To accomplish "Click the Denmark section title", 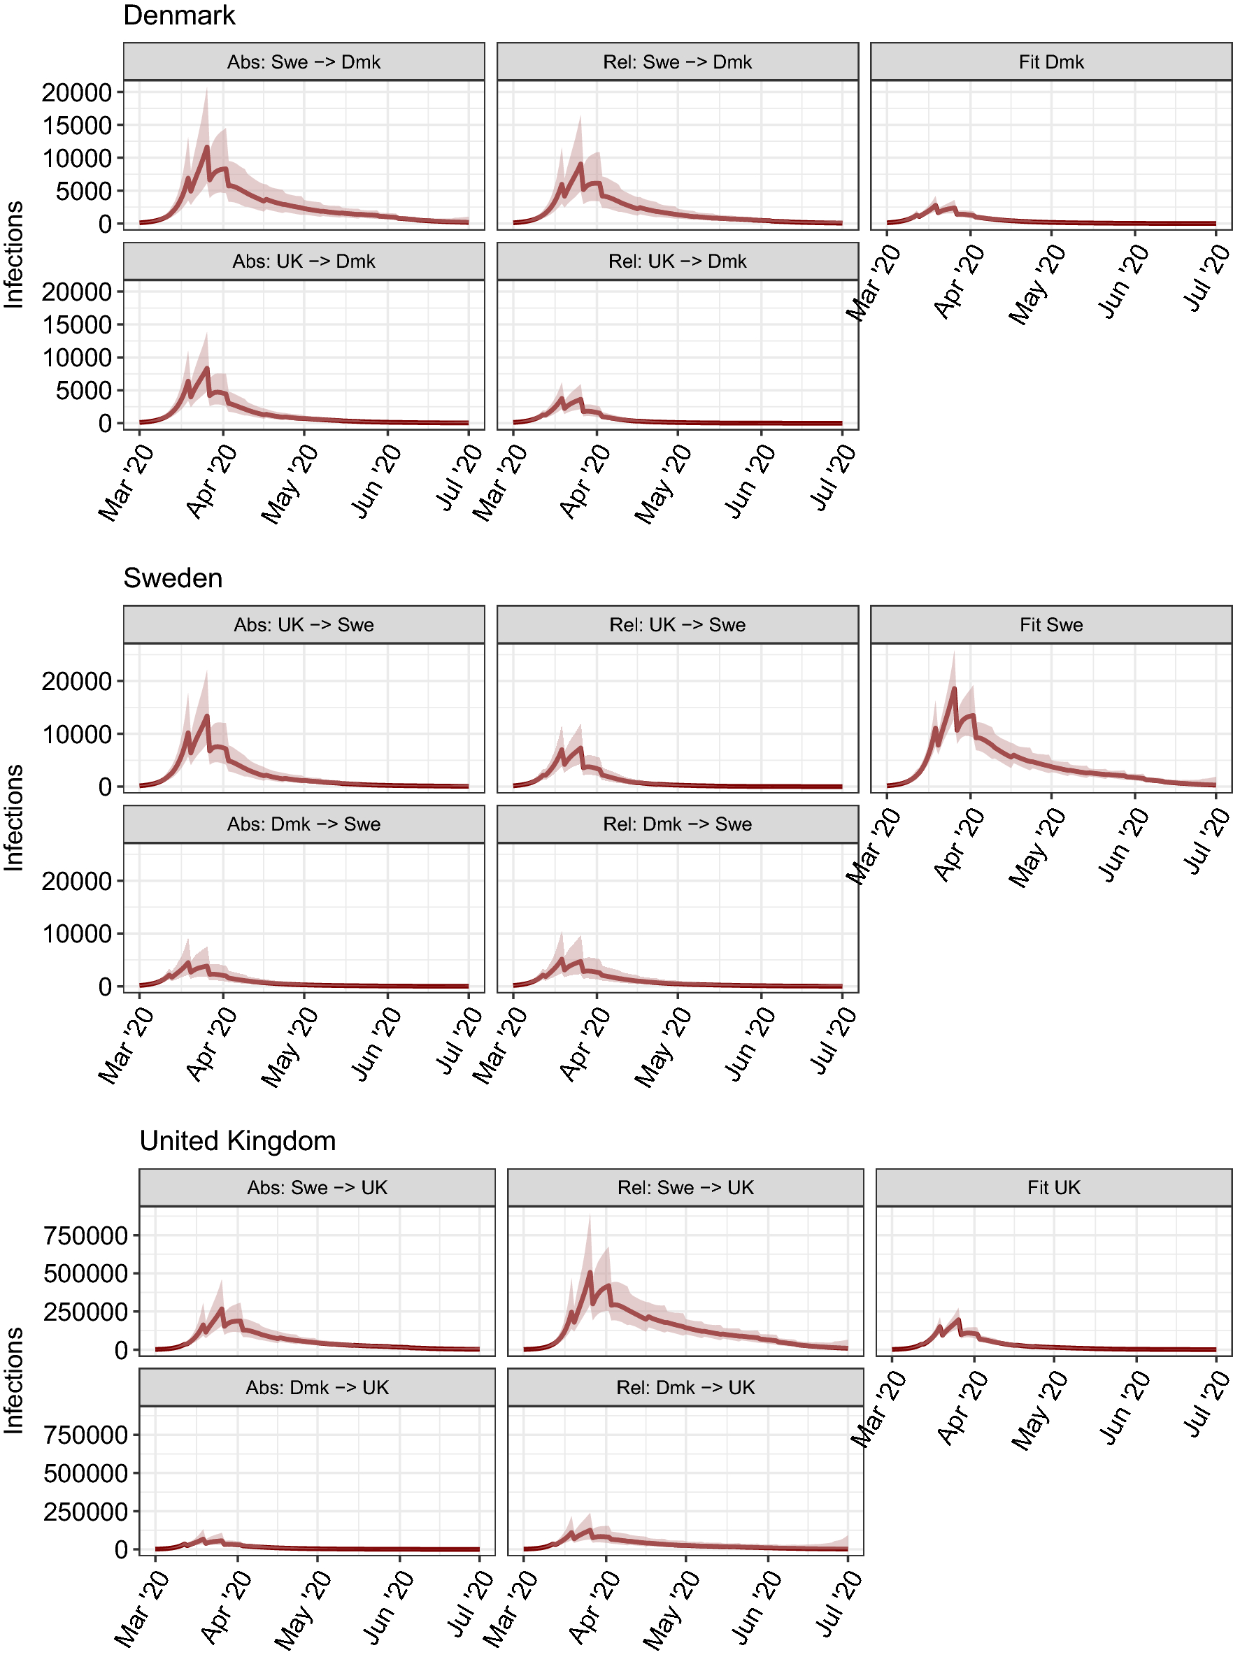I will (x=179, y=15).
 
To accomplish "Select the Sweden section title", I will (x=172, y=578).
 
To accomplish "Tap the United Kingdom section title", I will (x=238, y=1141).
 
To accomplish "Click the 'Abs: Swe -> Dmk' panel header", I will (x=304, y=62).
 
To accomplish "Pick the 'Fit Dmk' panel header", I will (x=1050, y=62).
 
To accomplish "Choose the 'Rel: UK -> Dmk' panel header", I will (x=677, y=261).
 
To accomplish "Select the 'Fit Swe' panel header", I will (x=1050, y=625).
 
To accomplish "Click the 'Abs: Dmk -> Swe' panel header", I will (x=304, y=824).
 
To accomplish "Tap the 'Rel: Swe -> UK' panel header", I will (x=685, y=1187).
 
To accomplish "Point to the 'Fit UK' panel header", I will (x=1053, y=1187).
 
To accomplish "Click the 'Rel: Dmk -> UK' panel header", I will (x=685, y=1387).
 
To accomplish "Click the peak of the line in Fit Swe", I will (x=954, y=689).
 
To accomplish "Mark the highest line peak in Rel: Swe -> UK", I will (x=590, y=1272).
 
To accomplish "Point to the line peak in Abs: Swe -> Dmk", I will (x=207, y=148).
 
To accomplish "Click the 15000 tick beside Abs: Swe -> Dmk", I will (x=76, y=125).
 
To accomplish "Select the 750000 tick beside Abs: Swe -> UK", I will (x=85, y=1235).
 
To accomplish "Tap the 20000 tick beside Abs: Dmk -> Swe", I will (x=76, y=881).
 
